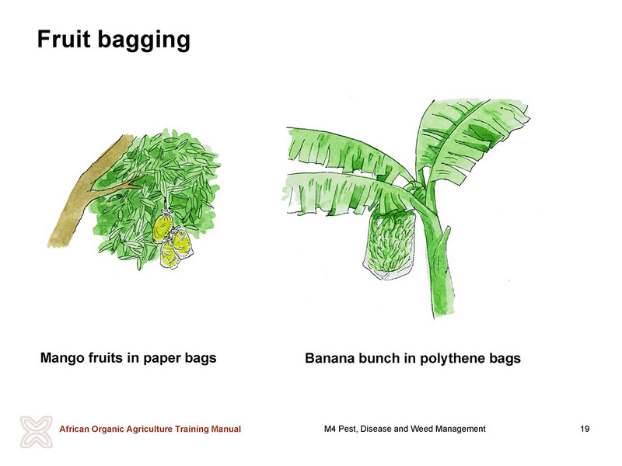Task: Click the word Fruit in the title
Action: pos(64,40)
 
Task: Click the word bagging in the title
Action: pos(144,41)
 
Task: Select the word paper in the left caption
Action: pos(159,359)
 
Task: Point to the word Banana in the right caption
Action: pos(330,358)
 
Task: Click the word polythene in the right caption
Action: pos(453,359)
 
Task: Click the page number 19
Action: pos(585,429)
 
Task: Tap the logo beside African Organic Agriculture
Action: pos(37,432)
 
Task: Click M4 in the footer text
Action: pos(330,429)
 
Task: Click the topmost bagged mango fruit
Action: pos(163,226)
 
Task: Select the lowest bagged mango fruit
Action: pos(169,256)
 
